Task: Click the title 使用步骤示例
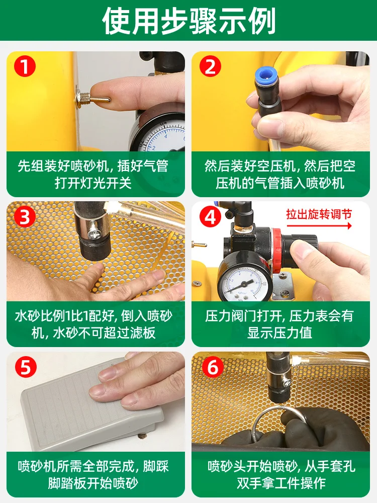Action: coord(189,21)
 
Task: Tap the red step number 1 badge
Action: coord(25,67)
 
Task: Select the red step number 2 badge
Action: coord(210,67)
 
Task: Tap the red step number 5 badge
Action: coord(26,367)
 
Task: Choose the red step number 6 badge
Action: coord(213,367)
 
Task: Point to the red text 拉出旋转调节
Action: coord(319,214)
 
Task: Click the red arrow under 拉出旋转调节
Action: coord(319,226)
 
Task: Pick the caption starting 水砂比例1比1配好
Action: coord(93,324)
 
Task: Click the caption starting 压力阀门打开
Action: coord(279,324)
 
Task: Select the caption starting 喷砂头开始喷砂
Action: coord(281,474)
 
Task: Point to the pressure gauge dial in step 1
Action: coord(159,133)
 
